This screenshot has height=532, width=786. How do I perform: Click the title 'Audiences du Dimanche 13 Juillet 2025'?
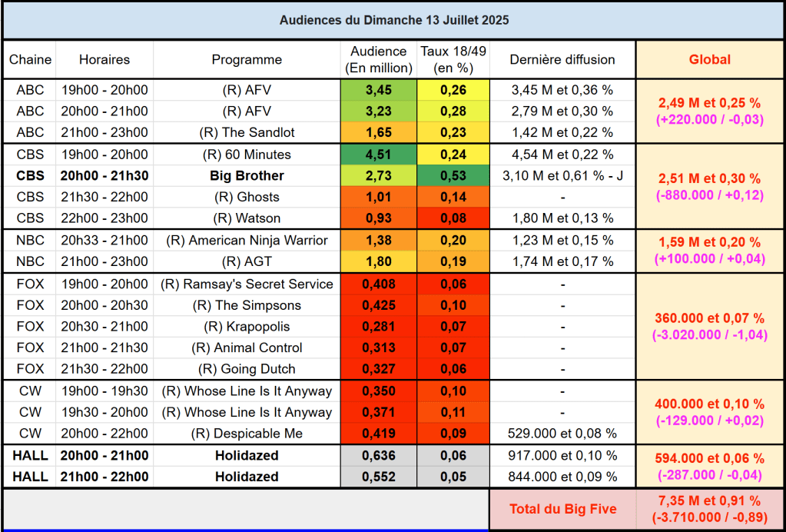click(393, 20)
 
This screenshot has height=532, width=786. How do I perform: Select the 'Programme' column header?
click(247, 59)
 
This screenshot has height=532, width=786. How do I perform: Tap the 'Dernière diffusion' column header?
click(562, 59)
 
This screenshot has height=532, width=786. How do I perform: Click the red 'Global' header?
click(709, 59)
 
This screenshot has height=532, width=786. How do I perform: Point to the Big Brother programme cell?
click(247, 175)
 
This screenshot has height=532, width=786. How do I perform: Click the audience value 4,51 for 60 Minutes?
click(378, 155)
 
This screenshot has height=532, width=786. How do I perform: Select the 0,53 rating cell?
click(453, 175)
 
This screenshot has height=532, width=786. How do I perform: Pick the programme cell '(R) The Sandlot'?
click(247, 132)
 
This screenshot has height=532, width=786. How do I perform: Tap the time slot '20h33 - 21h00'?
click(104, 240)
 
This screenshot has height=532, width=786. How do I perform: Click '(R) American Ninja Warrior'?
click(247, 240)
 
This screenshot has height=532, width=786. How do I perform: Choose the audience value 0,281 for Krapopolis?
click(378, 327)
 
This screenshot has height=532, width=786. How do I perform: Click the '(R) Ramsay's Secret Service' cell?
click(247, 284)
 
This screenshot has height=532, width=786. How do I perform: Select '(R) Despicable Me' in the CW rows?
click(247, 433)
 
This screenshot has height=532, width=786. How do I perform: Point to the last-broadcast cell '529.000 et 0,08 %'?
click(562, 433)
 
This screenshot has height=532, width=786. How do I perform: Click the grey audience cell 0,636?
click(378, 455)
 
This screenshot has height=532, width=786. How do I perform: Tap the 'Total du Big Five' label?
click(562, 509)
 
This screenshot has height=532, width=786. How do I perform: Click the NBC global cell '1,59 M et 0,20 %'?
click(709, 242)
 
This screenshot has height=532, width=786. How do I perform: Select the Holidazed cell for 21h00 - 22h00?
click(247, 477)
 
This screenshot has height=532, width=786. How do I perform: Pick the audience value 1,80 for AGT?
click(378, 261)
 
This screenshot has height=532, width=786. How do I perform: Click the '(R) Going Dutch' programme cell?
click(247, 368)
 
